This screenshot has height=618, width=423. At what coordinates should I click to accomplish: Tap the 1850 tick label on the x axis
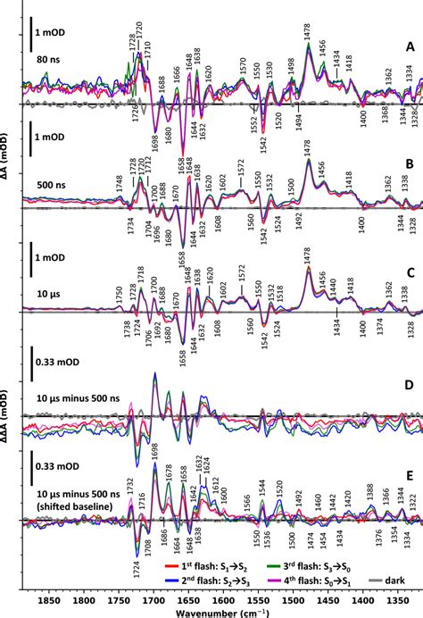48,603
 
